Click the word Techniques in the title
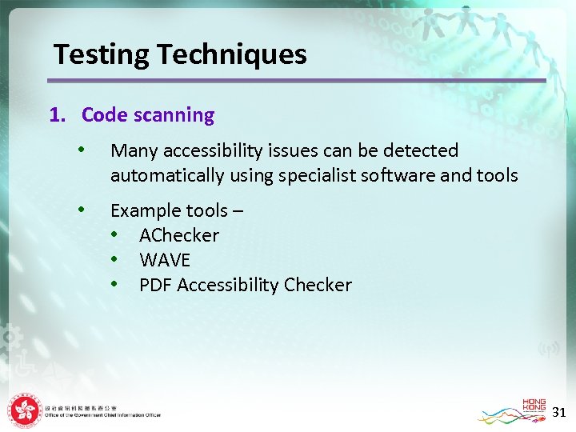click(x=232, y=55)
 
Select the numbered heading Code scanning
click(x=147, y=115)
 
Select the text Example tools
click(x=169, y=210)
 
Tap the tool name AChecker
click(x=178, y=235)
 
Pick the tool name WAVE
click(x=165, y=260)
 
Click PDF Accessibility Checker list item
click(x=245, y=285)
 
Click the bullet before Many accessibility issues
click(x=81, y=150)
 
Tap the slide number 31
click(x=559, y=412)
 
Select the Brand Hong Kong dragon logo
click(x=512, y=411)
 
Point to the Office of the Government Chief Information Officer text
click(x=103, y=415)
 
